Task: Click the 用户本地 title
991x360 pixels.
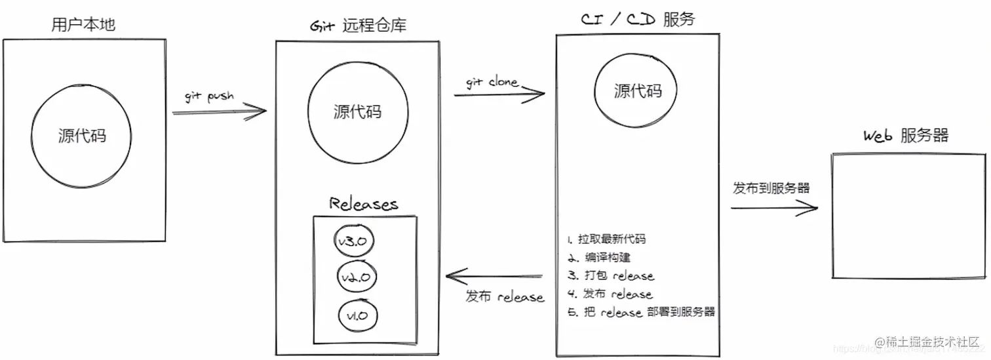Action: point(83,25)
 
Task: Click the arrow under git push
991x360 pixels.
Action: point(219,112)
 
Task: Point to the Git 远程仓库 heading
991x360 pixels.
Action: point(357,26)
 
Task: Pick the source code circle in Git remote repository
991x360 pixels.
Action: point(357,111)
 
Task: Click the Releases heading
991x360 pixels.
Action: point(363,203)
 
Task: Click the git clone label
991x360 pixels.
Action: point(492,83)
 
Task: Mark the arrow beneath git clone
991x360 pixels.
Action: point(499,94)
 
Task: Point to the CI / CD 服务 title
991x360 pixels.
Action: point(637,19)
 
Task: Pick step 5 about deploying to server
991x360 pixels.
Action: point(641,312)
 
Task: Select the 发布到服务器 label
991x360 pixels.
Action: point(771,188)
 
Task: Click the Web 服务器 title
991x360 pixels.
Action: point(905,136)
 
